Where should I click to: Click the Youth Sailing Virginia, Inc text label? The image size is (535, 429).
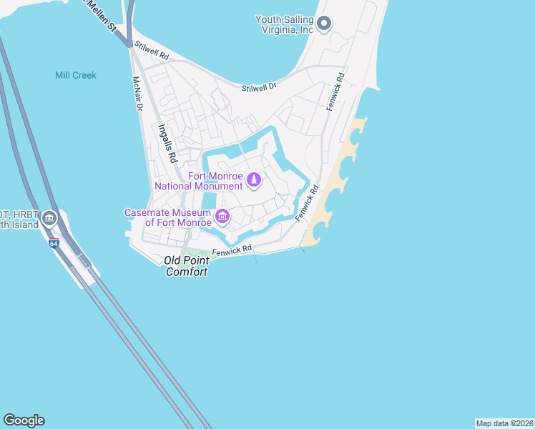pos(284,25)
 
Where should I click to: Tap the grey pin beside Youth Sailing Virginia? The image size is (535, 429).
pos(323,24)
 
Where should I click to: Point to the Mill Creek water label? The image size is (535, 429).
pos(76,75)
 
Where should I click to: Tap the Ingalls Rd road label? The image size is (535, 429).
pos(167,142)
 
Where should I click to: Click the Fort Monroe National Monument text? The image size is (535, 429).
pos(200,182)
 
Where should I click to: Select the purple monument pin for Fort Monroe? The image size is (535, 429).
pos(254,182)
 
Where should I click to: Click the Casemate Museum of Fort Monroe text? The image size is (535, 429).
pos(169,217)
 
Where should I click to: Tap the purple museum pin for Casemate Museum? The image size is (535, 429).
pos(222,216)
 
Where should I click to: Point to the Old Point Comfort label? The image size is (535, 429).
pos(187,266)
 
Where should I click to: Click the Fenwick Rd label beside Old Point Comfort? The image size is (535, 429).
pos(232,251)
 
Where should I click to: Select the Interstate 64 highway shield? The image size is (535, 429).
pos(54,243)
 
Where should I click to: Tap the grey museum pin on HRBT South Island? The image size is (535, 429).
pos(49,218)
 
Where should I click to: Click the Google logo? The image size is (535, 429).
pos(24,420)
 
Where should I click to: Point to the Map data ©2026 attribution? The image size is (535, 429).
pos(504,423)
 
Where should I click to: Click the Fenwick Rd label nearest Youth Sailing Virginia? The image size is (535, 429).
pos(335,91)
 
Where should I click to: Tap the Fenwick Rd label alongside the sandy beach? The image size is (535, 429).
pos(306,203)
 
